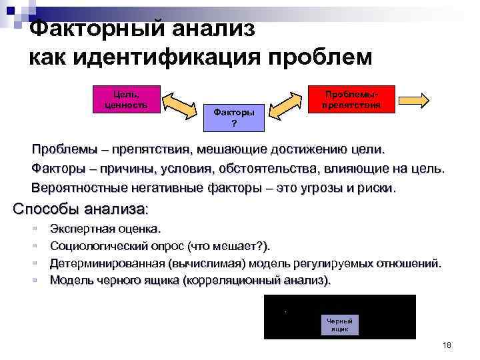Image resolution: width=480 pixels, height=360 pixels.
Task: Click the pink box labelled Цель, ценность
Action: click(x=127, y=98)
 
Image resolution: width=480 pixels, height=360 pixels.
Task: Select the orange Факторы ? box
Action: click(x=233, y=118)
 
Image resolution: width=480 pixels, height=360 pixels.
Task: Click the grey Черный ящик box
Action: click(x=339, y=324)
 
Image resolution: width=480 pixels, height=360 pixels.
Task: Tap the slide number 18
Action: click(x=447, y=345)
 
